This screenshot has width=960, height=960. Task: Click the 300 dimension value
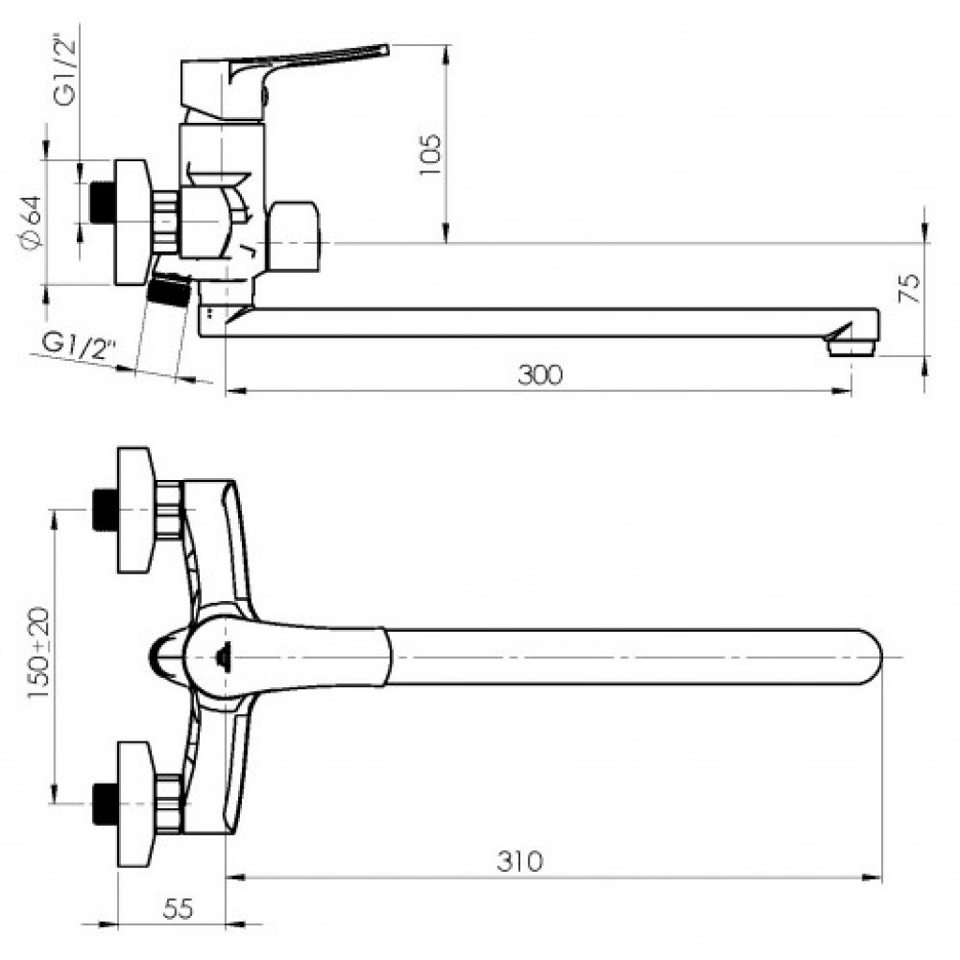point(539,375)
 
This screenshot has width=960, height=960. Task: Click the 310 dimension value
point(519,861)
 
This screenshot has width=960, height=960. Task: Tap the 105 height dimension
point(429,155)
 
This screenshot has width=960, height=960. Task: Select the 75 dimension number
point(909,288)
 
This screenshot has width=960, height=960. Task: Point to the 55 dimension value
point(178,908)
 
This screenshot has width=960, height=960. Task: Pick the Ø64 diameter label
point(31,223)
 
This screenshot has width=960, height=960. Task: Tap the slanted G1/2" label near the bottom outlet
point(79,348)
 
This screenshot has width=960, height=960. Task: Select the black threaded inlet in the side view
point(101,202)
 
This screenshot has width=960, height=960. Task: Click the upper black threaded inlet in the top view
point(105,509)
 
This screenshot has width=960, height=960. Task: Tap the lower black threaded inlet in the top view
point(105,803)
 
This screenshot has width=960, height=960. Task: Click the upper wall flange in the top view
point(135,510)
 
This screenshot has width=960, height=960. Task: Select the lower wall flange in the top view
point(135,803)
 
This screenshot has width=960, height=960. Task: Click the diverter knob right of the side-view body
point(293,237)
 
